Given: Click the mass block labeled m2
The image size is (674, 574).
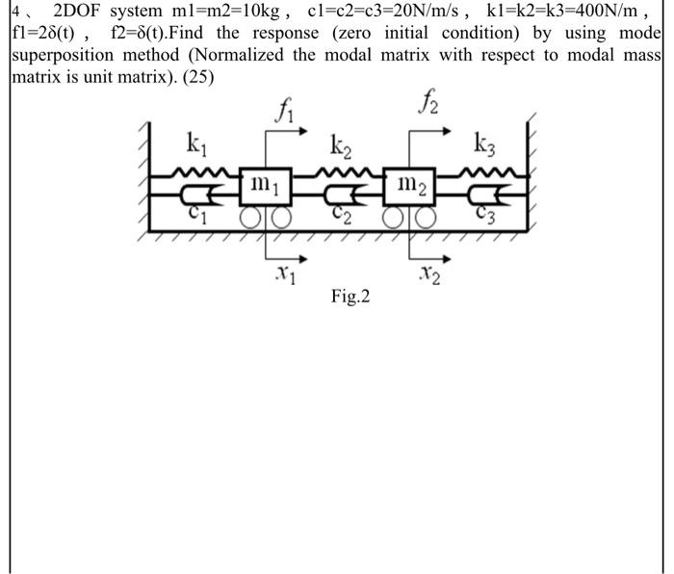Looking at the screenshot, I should pyautogui.click(x=412, y=181).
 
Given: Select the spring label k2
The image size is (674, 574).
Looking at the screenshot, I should pyautogui.click(x=341, y=147).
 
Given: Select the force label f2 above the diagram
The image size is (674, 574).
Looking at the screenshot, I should pyautogui.click(x=428, y=100).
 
